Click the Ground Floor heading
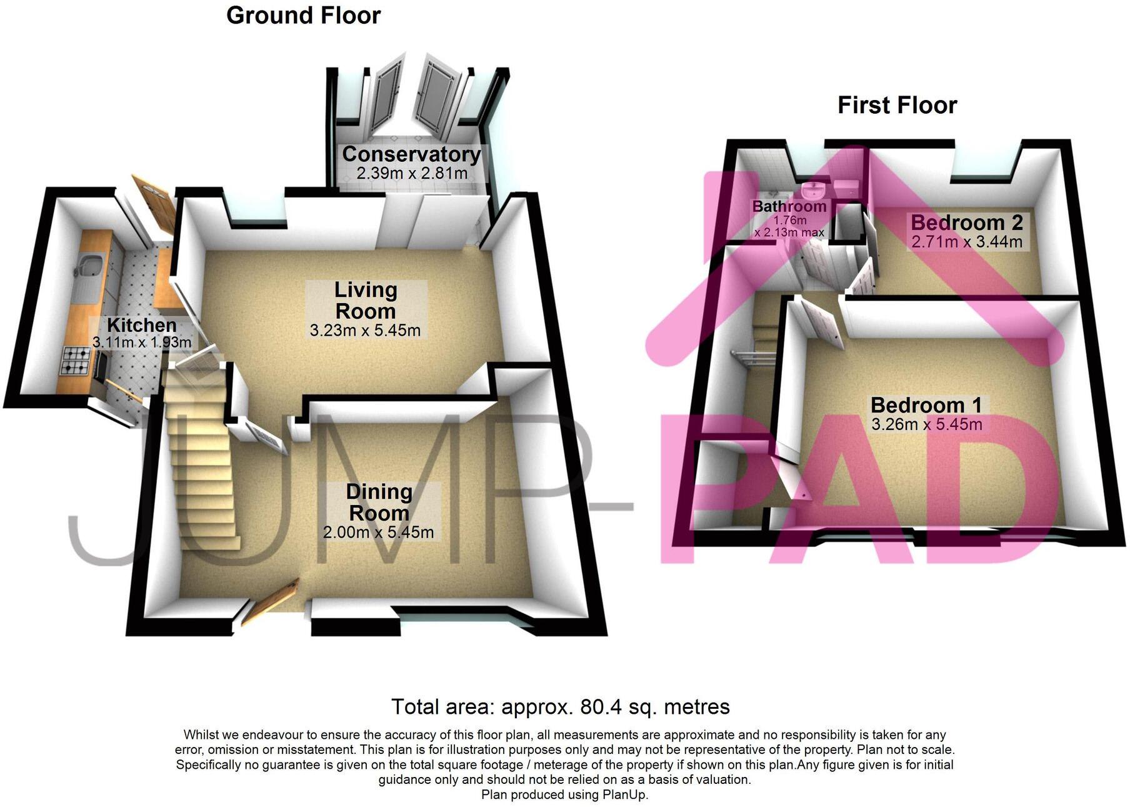click(x=303, y=16)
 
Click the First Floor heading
click(x=897, y=105)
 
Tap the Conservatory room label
click(x=411, y=154)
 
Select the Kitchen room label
click(x=142, y=325)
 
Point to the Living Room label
click(x=366, y=301)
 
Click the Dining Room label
click(x=379, y=502)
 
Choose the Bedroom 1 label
click(x=926, y=405)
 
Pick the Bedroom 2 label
click(x=966, y=223)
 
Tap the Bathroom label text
click(x=789, y=206)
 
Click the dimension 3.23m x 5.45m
click(x=365, y=330)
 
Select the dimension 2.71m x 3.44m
click(x=966, y=241)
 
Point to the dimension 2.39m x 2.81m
click(x=412, y=173)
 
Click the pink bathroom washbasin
click(x=814, y=189)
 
